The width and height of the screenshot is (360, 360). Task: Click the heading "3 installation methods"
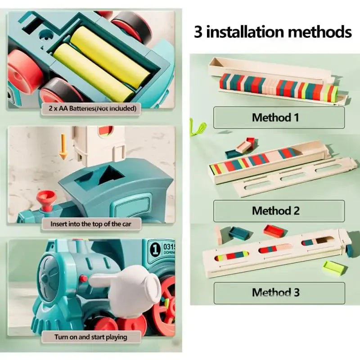[x=273, y=32]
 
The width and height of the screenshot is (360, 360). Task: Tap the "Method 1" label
[x=275, y=118]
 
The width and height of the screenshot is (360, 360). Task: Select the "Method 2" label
[x=275, y=211]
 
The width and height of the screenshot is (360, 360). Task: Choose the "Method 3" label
[x=275, y=292]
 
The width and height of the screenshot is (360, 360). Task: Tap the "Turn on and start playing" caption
[x=91, y=337]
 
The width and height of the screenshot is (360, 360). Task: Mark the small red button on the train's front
[x=83, y=279]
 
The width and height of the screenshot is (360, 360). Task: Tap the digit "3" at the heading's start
[x=198, y=32]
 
